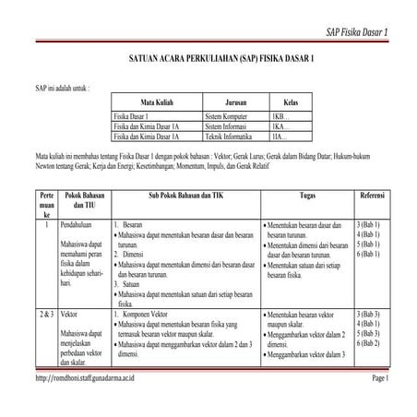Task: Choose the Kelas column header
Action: coord(291,102)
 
